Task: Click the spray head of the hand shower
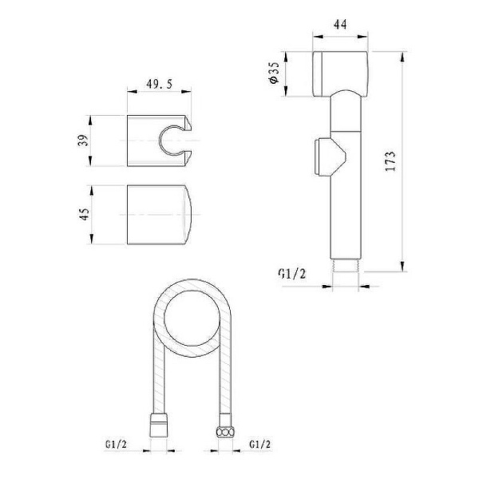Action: (338, 72)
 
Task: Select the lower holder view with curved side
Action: (160, 216)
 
